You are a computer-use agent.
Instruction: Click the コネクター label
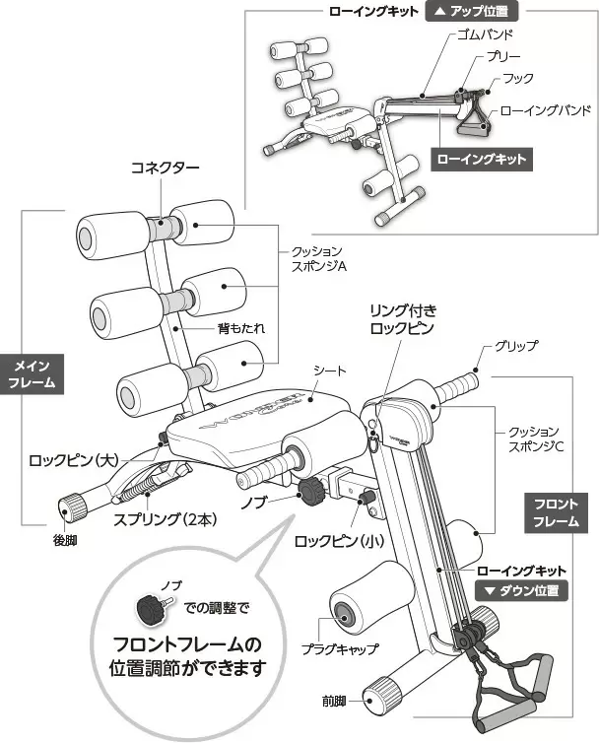pos(166,168)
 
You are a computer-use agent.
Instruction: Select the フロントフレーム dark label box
pos(556,512)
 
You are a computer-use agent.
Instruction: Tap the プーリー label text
pos(502,57)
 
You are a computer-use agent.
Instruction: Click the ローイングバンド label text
pos(546,111)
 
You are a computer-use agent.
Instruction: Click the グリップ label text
pos(518,346)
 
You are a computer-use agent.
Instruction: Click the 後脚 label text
pos(65,541)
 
